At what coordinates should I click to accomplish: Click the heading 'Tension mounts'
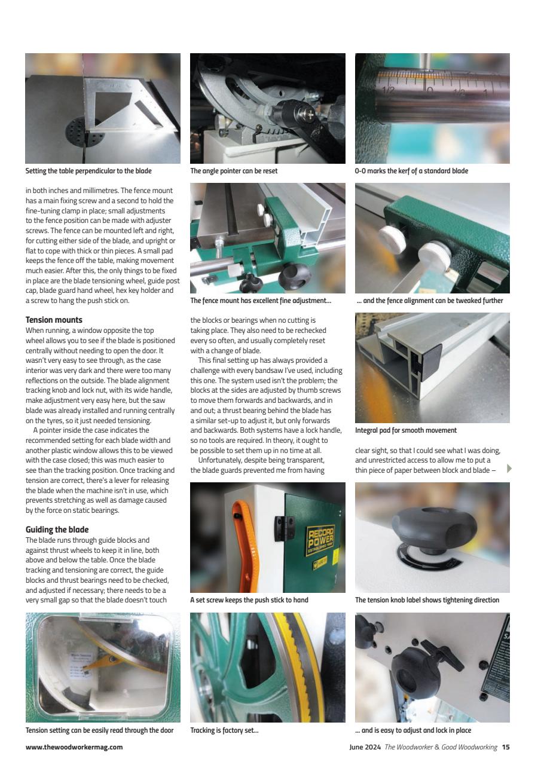[x=54, y=320]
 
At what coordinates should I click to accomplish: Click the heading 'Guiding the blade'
[x=57, y=530]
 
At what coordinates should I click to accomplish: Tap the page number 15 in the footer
[x=506, y=746]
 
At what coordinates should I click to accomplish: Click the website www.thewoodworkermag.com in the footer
[x=74, y=746]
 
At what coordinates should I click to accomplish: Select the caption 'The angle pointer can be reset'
[x=234, y=171]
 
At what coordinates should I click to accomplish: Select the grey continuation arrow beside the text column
[x=509, y=468]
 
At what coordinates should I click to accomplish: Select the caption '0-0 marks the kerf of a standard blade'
[x=411, y=171]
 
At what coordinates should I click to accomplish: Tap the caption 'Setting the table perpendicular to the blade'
[x=88, y=171]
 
